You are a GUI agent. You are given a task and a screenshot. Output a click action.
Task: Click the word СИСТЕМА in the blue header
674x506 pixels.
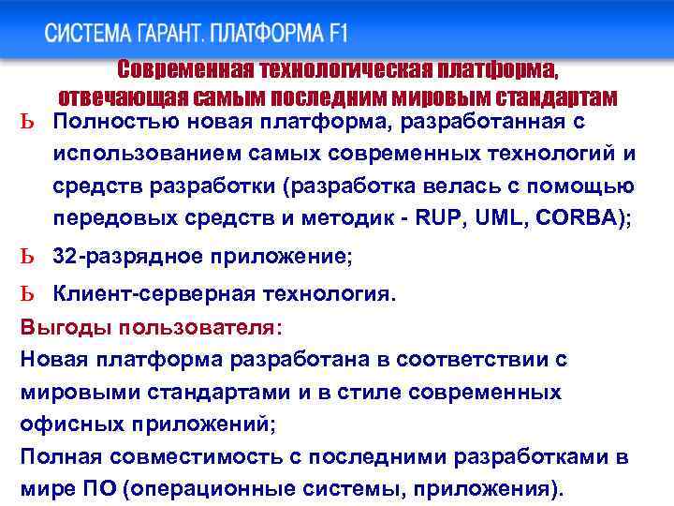pos(90,35)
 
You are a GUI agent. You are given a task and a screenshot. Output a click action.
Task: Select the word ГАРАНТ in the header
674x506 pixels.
pos(172,35)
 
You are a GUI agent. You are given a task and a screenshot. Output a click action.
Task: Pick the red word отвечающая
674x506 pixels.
pos(114,97)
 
